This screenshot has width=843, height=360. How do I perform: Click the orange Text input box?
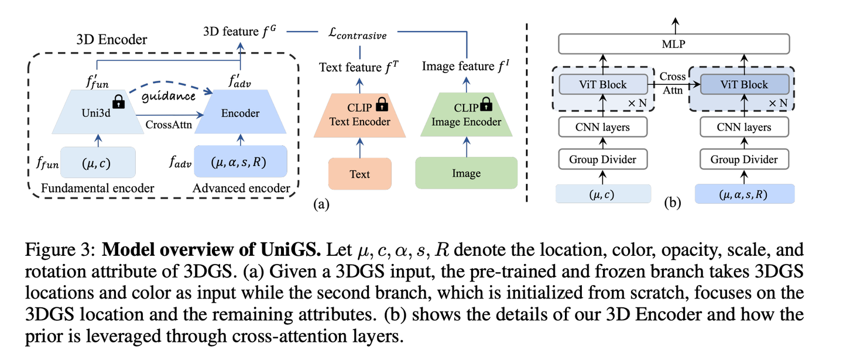point(359,174)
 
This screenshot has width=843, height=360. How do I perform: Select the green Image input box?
point(466,173)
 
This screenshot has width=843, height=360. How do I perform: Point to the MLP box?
point(673,44)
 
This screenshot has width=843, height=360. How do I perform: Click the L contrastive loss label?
point(358,35)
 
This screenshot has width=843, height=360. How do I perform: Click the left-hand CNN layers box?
point(603,127)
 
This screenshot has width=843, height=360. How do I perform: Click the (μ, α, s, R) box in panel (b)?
point(745,194)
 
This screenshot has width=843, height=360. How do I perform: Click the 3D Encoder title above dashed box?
point(112,40)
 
